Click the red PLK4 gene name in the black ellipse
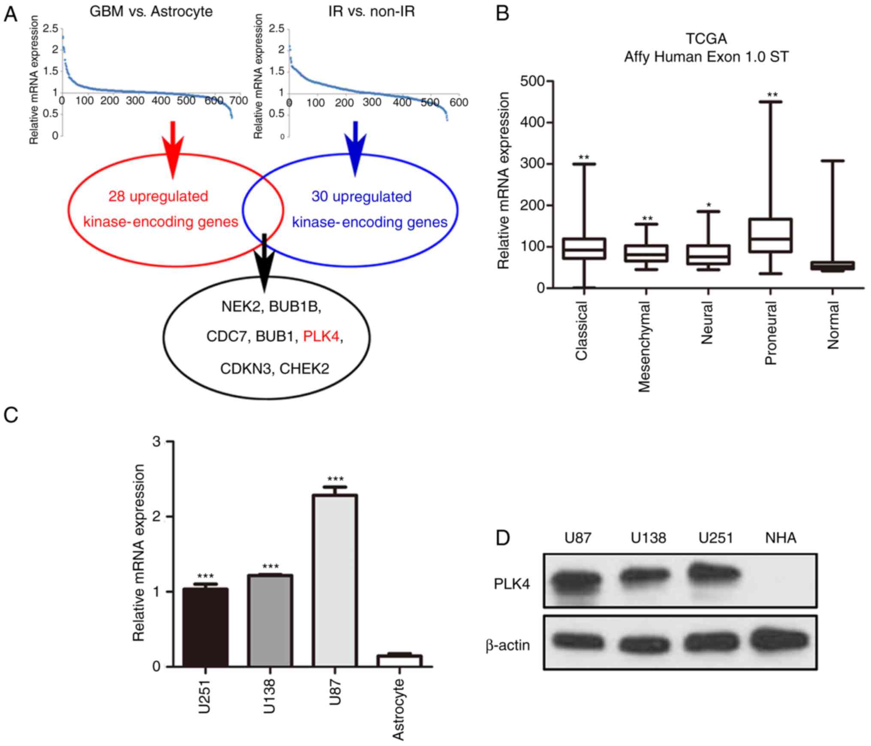321,337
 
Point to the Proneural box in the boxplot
770,235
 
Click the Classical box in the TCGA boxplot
584,249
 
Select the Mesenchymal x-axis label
644,346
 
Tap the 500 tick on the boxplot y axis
532,81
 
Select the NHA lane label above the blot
781,538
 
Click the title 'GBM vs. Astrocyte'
151,12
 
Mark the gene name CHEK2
305,368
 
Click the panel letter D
503,538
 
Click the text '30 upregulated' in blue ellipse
361,197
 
